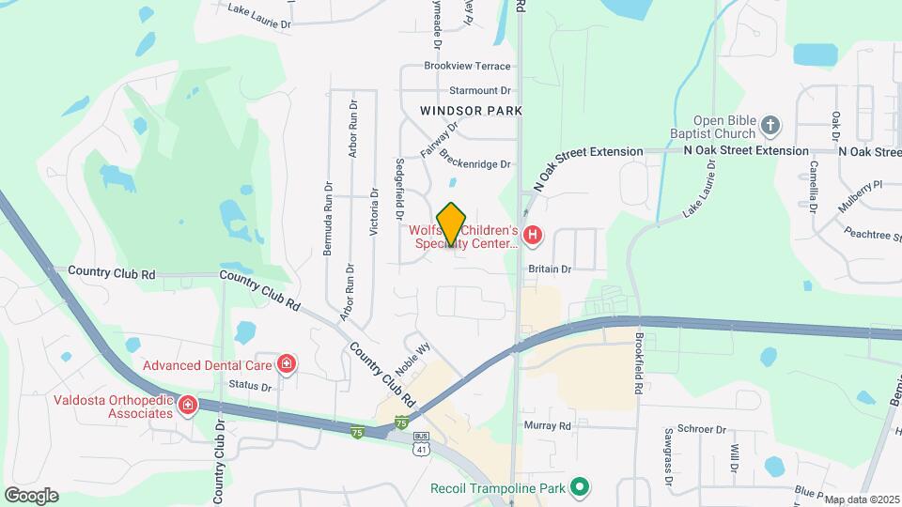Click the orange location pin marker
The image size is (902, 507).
click(x=452, y=223)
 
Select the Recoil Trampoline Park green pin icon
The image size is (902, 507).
click(x=581, y=486)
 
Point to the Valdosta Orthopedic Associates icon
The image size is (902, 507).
click(x=188, y=406)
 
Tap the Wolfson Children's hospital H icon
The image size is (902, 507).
click(x=533, y=235)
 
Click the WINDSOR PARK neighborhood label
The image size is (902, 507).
click(x=470, y=110)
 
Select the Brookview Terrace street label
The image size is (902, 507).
click(x=467, y=67)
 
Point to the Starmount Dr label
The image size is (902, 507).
click(x=479, y=91)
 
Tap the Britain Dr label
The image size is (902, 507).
click(x=550, y=269)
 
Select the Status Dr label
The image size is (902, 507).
click(x=250, y=386)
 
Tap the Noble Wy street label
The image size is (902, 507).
click(x=413, y=360)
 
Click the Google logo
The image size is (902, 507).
click(x=31, y=495)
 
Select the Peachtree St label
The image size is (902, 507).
click(x=871, y=234)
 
